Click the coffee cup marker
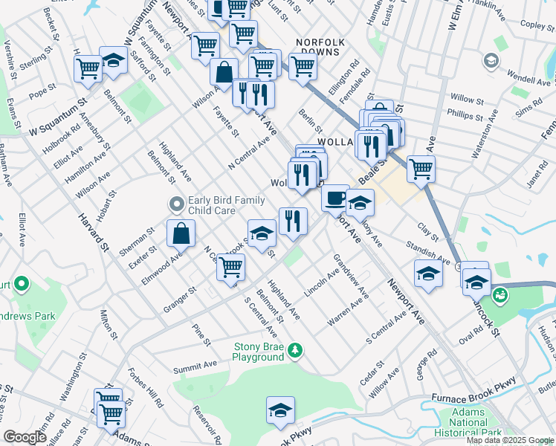(x=335, y=198)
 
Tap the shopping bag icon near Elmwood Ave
(x=181, y=233)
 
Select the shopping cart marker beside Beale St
(x=421, y=168)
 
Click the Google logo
(x=25, y=437)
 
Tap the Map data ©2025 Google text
(x=510, y=440)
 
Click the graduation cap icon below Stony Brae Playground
(x=280, y=410)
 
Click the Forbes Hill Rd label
(x=145, y=388)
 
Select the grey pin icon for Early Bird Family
(x=176, y=203)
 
